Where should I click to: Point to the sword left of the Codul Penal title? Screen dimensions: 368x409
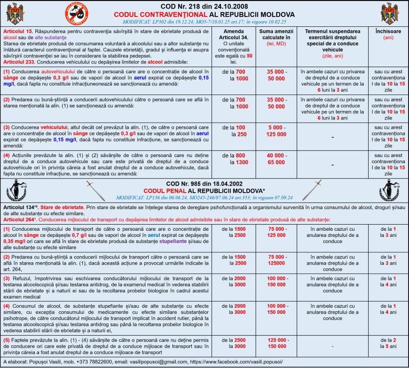click(x=95, y=189)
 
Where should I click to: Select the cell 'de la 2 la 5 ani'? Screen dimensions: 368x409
click(x=388, y=343)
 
